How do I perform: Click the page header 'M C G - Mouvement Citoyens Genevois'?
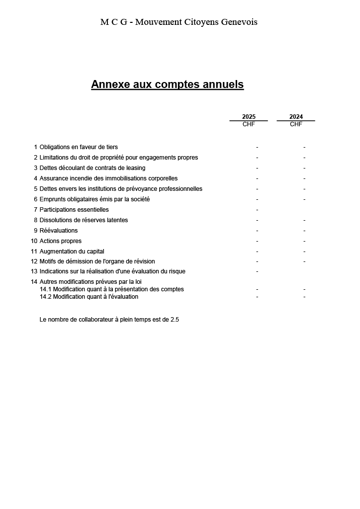click(179, 22)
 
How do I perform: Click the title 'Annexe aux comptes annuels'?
click(167, 85)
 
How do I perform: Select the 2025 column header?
click(249, 117)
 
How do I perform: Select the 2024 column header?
click(296, 117)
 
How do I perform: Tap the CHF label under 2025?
click(249, 124)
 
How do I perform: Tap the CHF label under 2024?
click(296, 124)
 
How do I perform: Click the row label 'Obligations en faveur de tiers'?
click(79, 147)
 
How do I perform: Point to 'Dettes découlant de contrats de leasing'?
click(92, 168)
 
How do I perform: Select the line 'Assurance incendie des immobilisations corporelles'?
click(108, 178)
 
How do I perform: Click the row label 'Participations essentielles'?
click(74, 210)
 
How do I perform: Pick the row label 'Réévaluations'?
click(59, 231)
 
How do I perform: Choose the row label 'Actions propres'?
click(61, 241)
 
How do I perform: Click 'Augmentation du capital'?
click(72, 252)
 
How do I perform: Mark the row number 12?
click(34, 261)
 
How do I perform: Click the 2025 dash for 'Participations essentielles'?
click(257, 210)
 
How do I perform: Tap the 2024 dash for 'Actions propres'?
click(304, 241)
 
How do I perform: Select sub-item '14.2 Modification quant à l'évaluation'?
click(89, 297)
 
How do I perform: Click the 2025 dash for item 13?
click(257, 271)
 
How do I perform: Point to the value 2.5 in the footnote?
click(175, 320)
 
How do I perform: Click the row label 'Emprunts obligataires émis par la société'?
click(94, 199)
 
